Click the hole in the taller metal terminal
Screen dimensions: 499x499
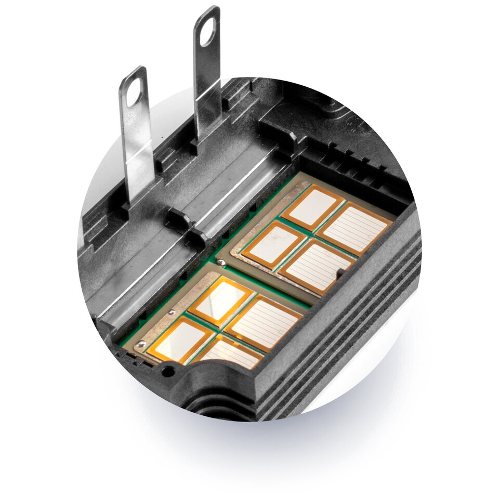pos(207,31)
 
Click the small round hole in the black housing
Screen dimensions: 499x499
pos(167,371)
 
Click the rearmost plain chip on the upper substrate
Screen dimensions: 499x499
pos(313,206)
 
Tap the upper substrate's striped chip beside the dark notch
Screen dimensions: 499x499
pos(317,266)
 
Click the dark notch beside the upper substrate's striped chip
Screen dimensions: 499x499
pos(340,272)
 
